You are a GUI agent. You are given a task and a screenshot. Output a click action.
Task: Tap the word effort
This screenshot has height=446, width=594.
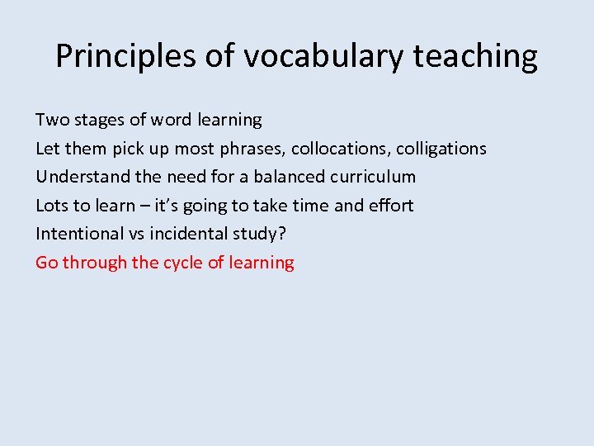pyautogui.click(x=391, y=206)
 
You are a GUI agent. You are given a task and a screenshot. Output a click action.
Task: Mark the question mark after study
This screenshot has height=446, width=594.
pyautogui.click(x=282, y=234)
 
